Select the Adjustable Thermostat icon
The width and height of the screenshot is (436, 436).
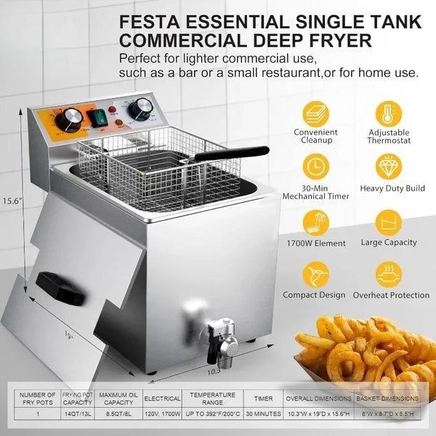tap(389, 113)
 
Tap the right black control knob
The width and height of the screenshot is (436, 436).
tap(142, 107)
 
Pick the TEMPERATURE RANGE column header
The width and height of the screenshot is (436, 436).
tap(212, 398)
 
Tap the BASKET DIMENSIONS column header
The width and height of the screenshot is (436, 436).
tap(391, 398)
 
